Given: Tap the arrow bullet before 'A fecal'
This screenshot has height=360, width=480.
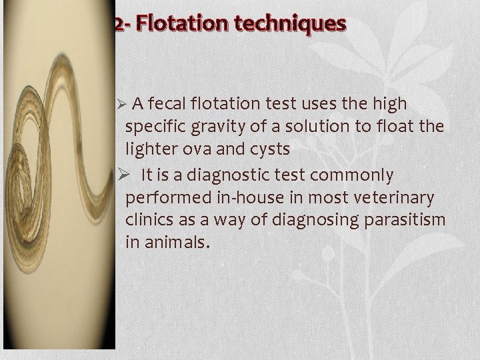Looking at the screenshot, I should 120,105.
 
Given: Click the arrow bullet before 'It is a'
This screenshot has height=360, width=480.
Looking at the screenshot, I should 131,175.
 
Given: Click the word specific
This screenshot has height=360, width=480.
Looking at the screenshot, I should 151,127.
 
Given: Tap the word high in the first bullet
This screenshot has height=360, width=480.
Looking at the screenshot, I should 391,104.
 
